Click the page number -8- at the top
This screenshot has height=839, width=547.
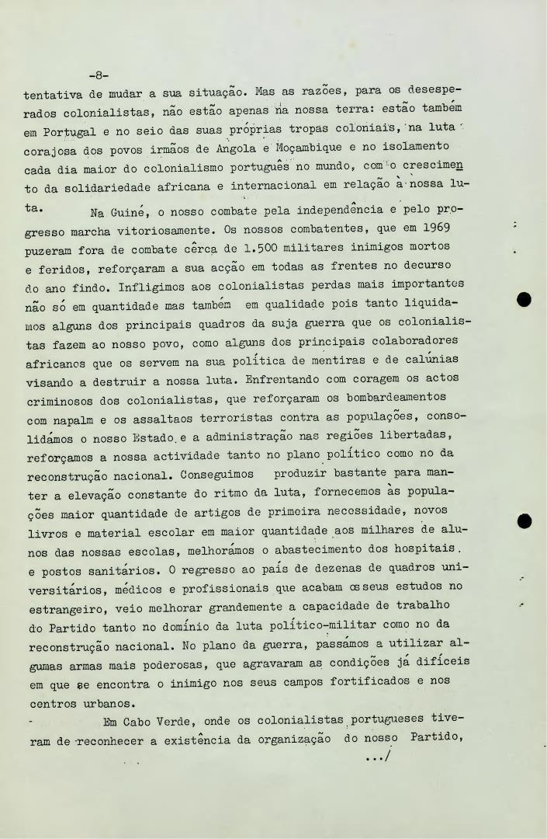coord(99,75)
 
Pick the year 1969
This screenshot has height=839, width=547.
coord(422,230)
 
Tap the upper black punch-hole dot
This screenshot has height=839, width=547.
coord(524,299)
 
